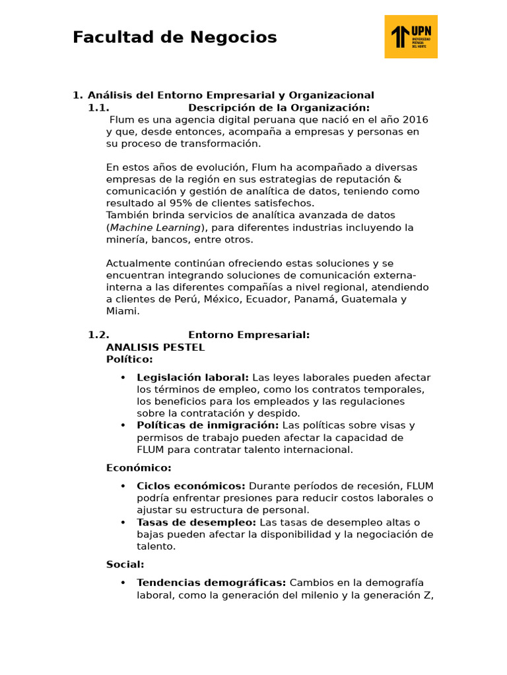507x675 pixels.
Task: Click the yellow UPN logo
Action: [x=411, y=37]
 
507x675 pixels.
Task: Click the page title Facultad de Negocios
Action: [x=174, y=38]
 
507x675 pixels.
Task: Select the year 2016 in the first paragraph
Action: [x=415, y=119]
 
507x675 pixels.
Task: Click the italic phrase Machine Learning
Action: [x=155, y=227]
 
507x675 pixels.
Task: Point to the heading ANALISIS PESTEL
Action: [x=155, y=347]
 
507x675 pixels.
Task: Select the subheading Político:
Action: [x=129, y=359]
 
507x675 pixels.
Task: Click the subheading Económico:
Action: [x=139, y=468]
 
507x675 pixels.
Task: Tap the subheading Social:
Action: [x=125, y=564]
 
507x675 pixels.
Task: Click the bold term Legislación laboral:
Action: [x=193, y=378]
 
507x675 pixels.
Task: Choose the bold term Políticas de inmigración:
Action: [x=207, y=425]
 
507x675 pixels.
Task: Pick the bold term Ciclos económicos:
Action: [x=191, y=486]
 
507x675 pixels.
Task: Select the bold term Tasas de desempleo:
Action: [x=196, y=522]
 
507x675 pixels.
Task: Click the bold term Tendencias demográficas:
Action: [x=211, y=583]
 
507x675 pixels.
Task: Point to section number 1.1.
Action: [x=98, y=107]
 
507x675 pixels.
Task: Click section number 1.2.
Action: [x=98, y=335]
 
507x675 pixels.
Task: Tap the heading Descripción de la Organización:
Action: [x=279, y=107]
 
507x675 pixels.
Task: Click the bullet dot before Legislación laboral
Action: [x=123, y=378]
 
